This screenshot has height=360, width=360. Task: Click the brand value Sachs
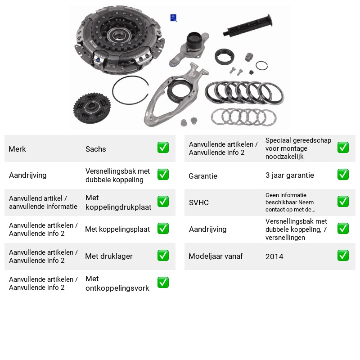[95, 149]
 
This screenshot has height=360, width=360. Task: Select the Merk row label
[17, 149]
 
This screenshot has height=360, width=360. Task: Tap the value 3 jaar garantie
[289, 175]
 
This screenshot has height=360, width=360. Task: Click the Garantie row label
[203, 176]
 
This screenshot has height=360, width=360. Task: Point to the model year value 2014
[274, 256]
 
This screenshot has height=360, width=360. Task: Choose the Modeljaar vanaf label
[216, 256]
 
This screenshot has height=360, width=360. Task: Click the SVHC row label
[198, 202]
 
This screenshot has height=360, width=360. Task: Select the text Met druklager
[109, 256]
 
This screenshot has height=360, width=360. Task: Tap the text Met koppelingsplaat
[117, 229]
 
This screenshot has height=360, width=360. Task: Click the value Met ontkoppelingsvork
[117, 283]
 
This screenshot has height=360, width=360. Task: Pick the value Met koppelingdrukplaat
[118, 202]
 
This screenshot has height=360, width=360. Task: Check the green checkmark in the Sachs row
[163, 148]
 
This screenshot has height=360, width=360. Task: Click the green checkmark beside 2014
[343, 256]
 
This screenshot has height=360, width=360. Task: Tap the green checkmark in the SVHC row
[343, 201]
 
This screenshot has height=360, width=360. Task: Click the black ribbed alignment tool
[248, 26]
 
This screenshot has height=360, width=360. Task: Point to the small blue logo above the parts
[173, 18]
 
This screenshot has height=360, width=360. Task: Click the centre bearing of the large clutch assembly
[119, 36]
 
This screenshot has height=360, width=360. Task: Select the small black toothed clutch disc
[92, 108]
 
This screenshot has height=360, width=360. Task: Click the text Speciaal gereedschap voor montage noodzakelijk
[298, 148]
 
